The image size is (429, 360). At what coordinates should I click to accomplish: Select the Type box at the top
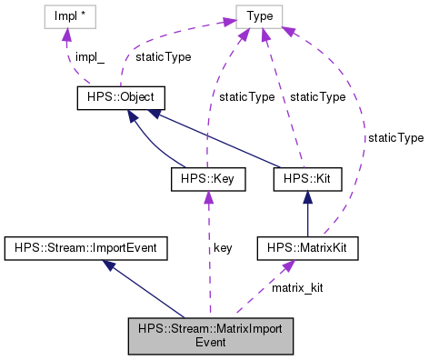coord(260,17)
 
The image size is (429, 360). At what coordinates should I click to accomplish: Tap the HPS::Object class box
coord(117,97)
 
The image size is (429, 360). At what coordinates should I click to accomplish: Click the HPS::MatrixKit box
coord(305,246)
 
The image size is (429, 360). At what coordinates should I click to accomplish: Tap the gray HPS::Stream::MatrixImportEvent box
coord(210,335)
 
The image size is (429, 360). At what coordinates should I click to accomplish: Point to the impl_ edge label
coord(90,57)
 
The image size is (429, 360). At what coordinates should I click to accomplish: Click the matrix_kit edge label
coord(297,287)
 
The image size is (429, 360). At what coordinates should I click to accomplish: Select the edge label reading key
coord(224,247)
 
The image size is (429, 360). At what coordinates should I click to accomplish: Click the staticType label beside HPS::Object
coord(163,57)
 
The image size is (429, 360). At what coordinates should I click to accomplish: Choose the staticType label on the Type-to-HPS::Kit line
coord(316,97)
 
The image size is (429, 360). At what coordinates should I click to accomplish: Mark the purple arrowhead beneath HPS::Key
coord(209,199)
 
